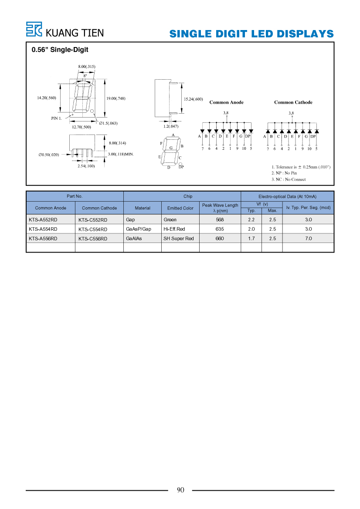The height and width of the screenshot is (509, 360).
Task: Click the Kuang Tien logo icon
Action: coord(34,29)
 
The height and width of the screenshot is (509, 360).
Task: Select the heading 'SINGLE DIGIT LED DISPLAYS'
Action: coord(251,34)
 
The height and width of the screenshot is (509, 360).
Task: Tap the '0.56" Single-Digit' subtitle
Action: coord(60,50)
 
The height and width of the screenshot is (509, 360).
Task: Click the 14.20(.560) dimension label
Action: coord(47,98)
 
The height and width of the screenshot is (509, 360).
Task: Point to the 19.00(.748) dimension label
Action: coord(115,98)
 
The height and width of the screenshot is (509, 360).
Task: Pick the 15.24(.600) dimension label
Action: coord(194,99)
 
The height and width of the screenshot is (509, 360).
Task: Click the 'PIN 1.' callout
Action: coord(56,118)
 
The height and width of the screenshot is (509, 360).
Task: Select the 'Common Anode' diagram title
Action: coord(227,102)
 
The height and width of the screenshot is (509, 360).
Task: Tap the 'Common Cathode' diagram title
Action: coord(293,102)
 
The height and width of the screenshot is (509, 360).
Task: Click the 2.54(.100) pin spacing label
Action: coord(86,166)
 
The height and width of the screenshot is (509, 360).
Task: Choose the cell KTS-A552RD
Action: coord(43,220)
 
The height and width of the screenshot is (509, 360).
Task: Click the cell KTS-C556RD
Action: coord(92,239)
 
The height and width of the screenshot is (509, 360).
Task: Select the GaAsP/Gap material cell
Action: coord(139,229)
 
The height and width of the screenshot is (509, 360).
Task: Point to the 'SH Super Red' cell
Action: coord(178,239)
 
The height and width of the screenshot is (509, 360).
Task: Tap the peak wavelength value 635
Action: coord(220,229)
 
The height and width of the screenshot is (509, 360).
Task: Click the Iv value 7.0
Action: coord(308,239)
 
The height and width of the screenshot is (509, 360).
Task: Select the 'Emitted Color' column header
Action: coord(180,208)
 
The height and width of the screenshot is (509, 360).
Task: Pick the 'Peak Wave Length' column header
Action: coord(220,205)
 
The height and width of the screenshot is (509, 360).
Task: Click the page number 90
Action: coord(180,490)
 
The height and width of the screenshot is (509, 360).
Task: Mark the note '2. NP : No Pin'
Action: coord(284,173)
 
